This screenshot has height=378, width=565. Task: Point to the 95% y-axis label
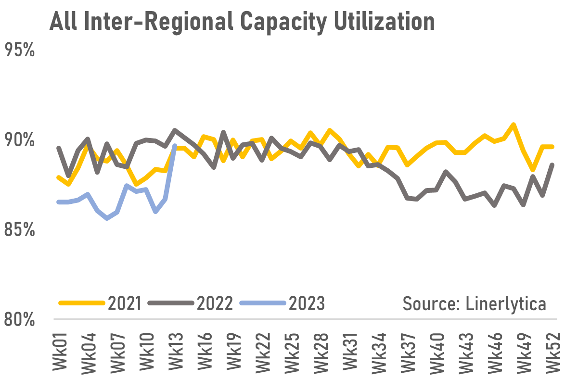(20, 50)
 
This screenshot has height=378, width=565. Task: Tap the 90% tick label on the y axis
(20, 140)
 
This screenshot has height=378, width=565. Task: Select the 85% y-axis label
(20, 229)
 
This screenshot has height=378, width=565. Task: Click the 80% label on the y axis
(20, 319)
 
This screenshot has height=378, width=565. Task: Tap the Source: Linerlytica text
(474, 303)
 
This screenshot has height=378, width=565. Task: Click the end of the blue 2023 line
(175, 146)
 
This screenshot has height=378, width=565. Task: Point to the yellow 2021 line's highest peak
(514, 125)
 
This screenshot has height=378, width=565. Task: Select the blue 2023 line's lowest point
(107, 218)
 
